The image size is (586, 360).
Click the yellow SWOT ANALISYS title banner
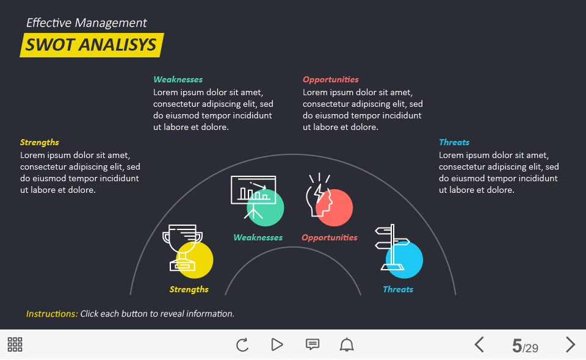point(92,45)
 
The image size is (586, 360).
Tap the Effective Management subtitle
point(86,23)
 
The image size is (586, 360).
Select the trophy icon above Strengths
point(183,248)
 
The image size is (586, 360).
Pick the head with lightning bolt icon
point(319,195)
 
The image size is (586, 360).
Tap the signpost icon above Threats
point(392,247)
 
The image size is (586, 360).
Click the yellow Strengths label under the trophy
point(189,289)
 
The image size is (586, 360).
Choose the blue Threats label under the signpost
point(398,289)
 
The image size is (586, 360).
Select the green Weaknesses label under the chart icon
point(258,237)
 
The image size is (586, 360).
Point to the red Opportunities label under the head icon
point(329,237)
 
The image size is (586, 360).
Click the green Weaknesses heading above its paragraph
point(178,79)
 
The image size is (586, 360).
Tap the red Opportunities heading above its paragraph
point(330,79)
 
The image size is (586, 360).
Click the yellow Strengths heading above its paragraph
point(39,142)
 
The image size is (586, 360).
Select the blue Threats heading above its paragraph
point(454,142)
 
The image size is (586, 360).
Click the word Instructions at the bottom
point(52,314)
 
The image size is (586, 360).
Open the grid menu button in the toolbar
point(15,344)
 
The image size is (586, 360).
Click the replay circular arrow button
point(242,345)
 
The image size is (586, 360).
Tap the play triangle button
point(277,345)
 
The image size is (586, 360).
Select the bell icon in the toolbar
point(347,345)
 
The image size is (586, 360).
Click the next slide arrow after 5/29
point(570,345)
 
